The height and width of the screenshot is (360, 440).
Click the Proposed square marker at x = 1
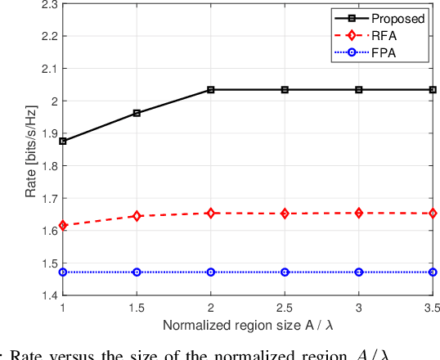coord(63,141)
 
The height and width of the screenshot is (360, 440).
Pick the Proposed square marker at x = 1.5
coord(137,113)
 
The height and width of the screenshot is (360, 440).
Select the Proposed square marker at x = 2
coord(211,89)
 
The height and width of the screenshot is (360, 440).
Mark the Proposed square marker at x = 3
coord(359,89)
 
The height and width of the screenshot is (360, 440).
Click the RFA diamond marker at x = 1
coord(63,225)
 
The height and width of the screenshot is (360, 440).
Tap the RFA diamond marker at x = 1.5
coord(137,216)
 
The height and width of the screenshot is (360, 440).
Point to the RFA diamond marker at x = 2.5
coord(285,214)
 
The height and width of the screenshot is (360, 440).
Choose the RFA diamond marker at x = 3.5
coord(433,214)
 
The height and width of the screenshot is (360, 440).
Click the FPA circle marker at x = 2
coord(211,272)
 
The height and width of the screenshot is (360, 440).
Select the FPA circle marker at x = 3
coord(359,272)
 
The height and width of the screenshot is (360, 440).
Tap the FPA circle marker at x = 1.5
coord(137,272)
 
